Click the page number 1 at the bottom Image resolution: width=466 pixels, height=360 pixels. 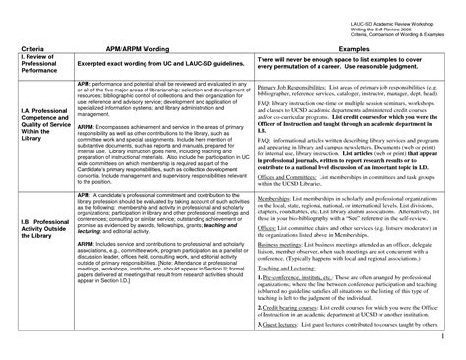click(457, 348)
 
